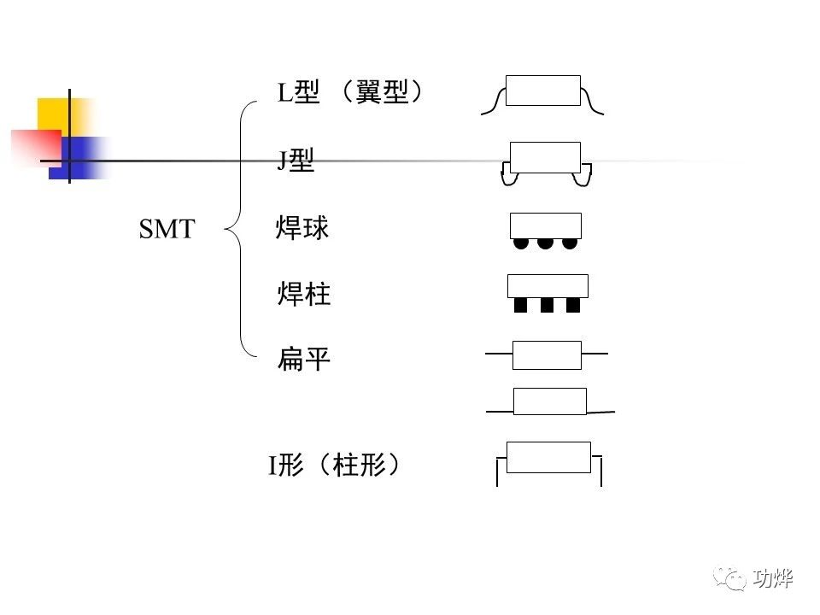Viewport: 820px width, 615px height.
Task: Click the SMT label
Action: (167, 229)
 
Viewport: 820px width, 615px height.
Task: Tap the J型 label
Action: (296, 160)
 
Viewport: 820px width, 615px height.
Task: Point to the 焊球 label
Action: (302, 228)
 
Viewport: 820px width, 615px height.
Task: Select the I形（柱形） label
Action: (335, 466)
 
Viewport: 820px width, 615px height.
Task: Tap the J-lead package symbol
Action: (545, 162)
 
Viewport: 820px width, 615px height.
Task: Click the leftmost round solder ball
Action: (521, 243)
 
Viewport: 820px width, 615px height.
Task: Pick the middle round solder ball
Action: (545, 243)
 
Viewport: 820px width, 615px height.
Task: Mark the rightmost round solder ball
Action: (570, 243)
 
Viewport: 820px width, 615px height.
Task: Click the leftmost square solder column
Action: (521, 305)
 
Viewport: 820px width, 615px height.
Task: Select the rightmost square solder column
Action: (573, 305)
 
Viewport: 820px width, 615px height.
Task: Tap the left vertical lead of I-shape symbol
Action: (497, 471)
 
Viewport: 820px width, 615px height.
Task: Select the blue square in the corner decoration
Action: (81, 158)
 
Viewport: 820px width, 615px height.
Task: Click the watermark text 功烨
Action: (774, 578)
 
